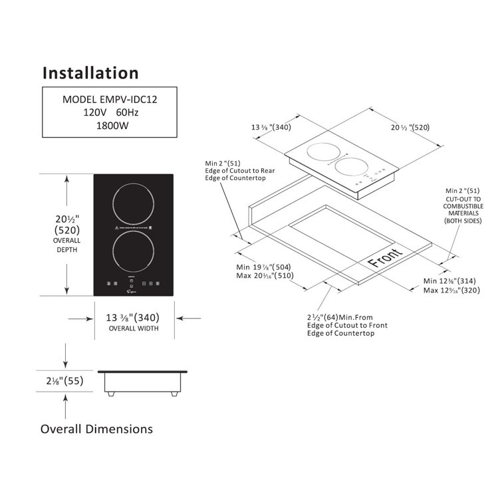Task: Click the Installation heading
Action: point(90,72)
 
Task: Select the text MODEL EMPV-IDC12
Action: point(110,99)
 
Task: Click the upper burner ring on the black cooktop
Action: point(134,201)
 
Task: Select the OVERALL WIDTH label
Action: point(134,328)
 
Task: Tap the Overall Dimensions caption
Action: point(96,429)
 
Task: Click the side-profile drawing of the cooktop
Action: point(142,382)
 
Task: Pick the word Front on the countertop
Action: point(384,257)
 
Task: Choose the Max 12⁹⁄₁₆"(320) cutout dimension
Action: point(450,291)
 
